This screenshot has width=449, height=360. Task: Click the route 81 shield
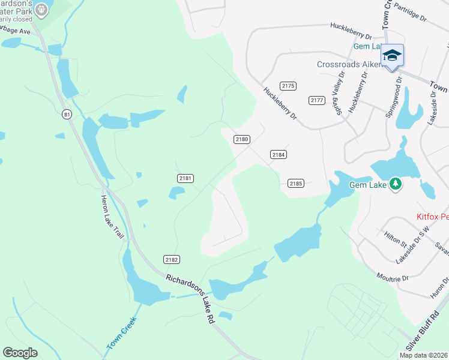click(x=66, y=113)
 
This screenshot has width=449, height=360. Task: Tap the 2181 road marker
click(x=185, y=178)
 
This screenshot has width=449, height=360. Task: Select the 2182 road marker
click(x=171, y=259)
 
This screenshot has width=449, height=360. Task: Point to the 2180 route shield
click(x=241, y=139)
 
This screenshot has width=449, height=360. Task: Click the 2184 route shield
click(x=278, y=154)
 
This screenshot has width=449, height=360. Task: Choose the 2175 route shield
click(x=288, y=86)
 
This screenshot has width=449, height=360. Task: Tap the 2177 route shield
click(x=317, y=100)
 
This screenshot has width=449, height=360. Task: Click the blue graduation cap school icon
click(x=393, y=56)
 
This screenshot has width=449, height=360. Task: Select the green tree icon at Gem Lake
click(x=395, y=184)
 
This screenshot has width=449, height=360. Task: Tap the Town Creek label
click(x=122, y=333)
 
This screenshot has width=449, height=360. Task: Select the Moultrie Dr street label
click(x=393, y=277)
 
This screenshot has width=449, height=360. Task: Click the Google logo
click(x=20, y=353)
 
